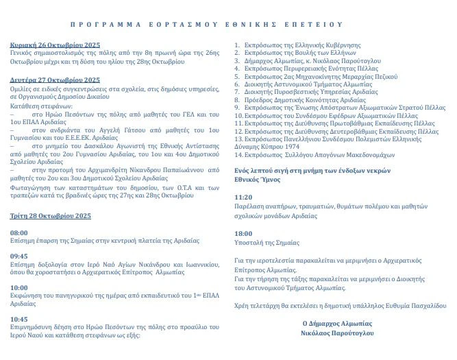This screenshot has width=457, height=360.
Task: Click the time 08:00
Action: point(18,233)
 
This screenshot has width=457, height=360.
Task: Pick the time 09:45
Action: point(18,256)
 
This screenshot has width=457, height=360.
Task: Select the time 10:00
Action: point(18,288)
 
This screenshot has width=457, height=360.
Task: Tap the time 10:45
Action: point(18,319)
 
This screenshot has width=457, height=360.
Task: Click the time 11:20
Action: point(243,197)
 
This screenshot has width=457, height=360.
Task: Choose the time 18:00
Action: point(243,234)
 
